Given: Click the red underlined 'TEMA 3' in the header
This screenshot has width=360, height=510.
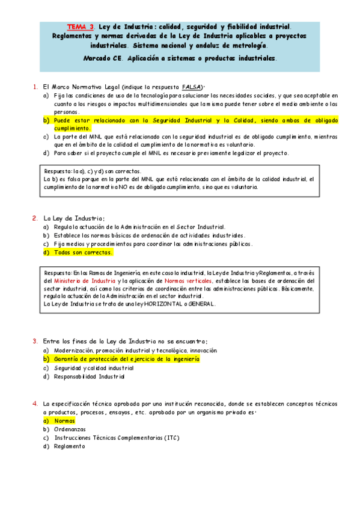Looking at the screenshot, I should (81, 26).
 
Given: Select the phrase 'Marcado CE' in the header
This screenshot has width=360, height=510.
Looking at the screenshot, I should (102, 58).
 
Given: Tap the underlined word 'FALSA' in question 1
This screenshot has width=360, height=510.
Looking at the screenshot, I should (192, 87).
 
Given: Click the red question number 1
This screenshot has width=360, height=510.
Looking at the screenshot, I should (35, 87).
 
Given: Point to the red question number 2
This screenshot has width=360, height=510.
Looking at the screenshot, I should (35, 218).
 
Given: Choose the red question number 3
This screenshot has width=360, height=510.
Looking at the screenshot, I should (35, 341).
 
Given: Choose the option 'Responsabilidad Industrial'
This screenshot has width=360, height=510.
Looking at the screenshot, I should (90, 376).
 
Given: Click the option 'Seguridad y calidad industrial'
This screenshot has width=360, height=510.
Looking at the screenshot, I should (94, 367).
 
